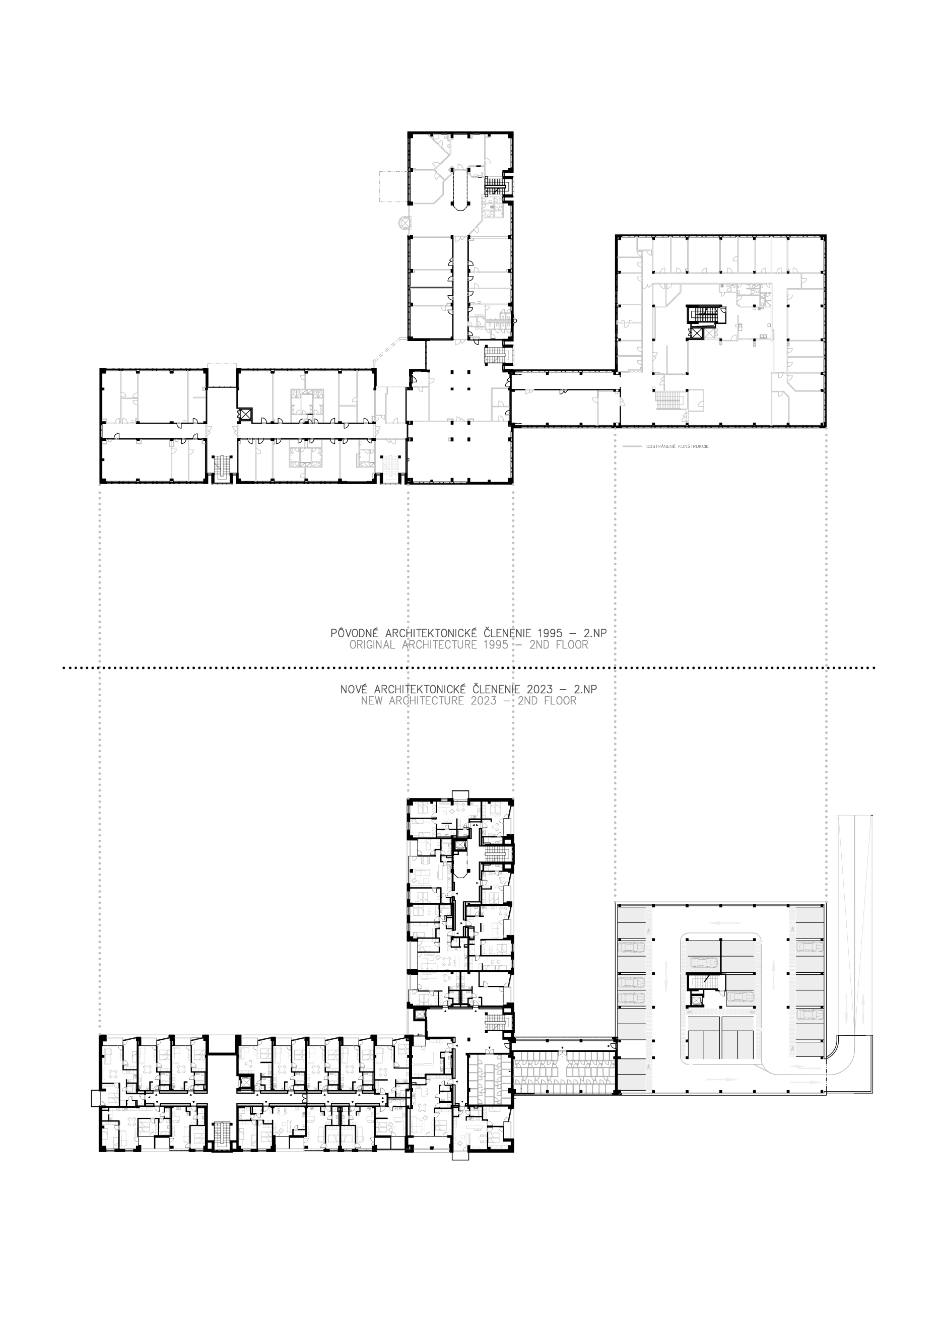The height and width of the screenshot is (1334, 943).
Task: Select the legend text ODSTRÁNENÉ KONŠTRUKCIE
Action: (677, 447)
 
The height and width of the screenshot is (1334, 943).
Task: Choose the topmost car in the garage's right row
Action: (809, 948)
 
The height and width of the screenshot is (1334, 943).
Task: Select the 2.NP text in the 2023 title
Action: (585, 690)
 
